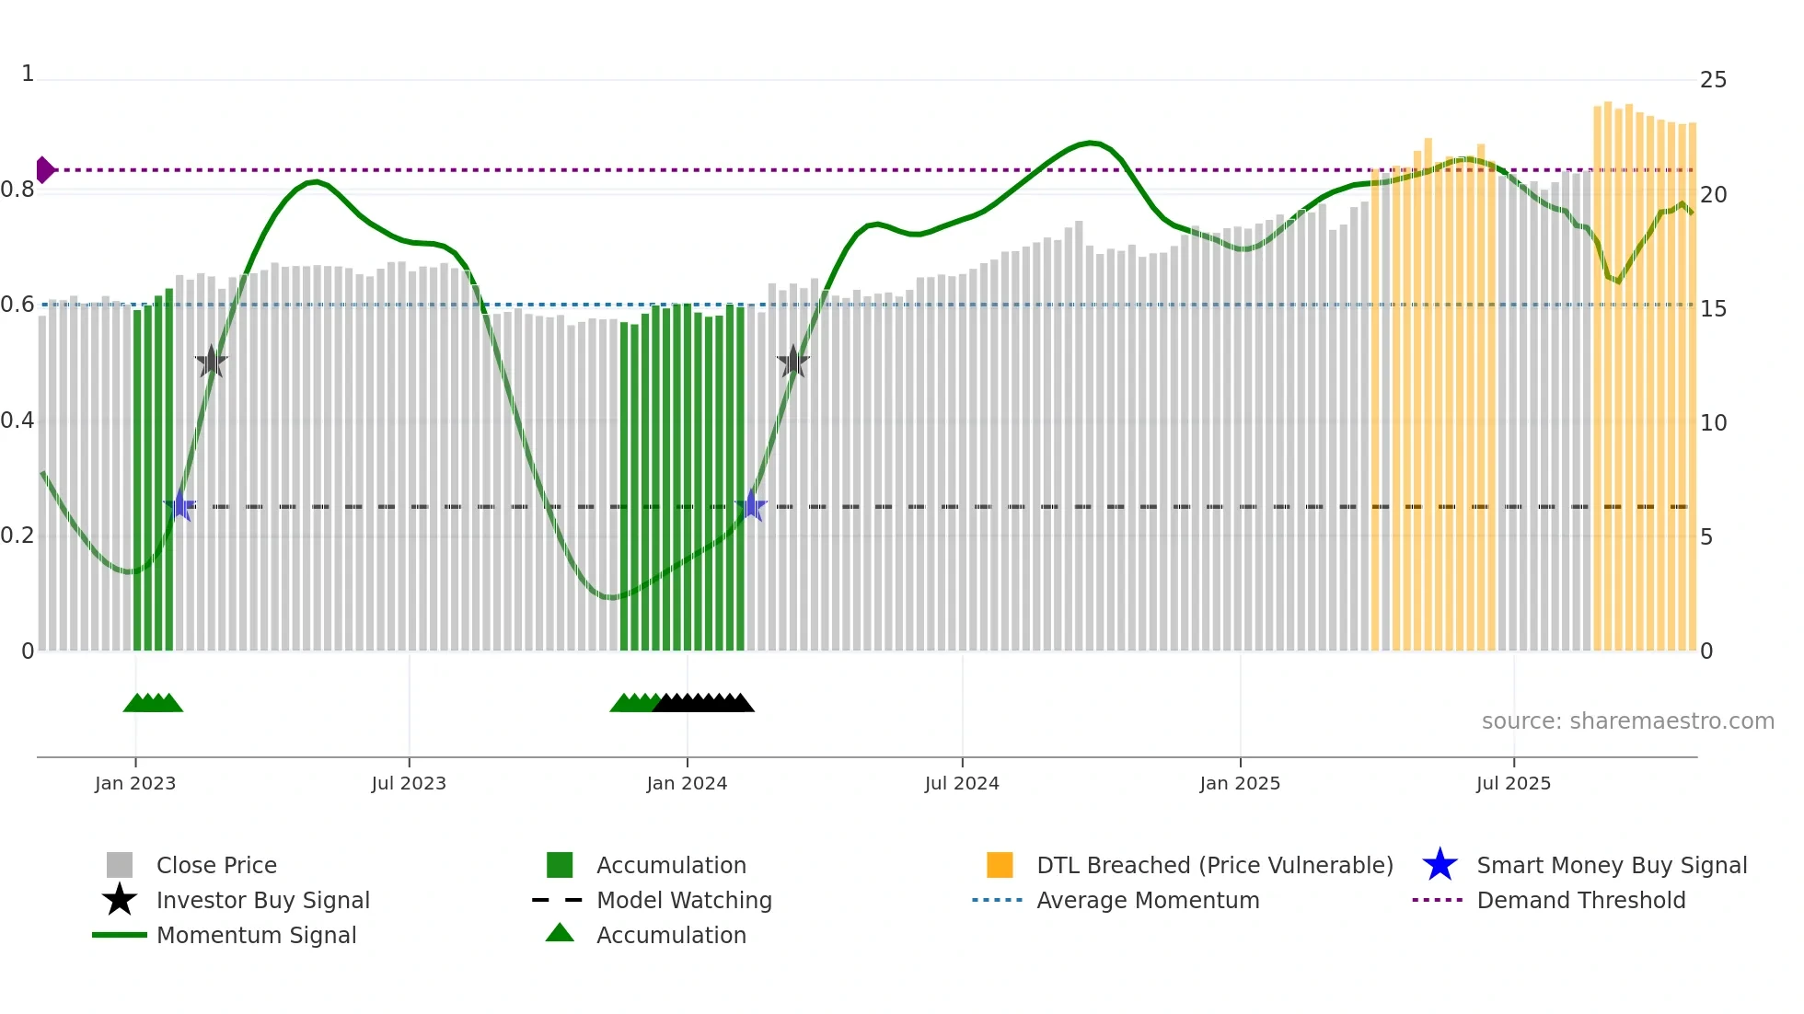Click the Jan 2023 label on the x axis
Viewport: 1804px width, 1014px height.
(x=135, y=783)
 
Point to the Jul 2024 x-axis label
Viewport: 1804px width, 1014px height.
(x=962, y=783)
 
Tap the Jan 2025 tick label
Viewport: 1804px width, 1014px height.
(x=1240, y=783)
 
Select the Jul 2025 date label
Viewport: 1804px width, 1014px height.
(x=1513, y=783)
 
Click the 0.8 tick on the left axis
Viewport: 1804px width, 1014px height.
(x=17, y=190)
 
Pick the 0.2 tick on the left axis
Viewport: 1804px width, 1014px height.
(x=17, y=536)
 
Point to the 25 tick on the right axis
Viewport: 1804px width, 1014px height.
(x=1713, y=80)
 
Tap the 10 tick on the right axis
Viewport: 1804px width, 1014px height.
(x=1713, y=423)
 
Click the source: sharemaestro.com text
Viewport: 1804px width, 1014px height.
(x=1627, y=721)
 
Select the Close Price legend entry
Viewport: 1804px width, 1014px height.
(x=216, y=865)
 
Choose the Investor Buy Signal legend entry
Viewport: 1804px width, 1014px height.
(x=262, y=900)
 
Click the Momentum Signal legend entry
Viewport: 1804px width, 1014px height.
(x=256, y=935)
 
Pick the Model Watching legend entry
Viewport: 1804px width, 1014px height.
(x=684, y=900)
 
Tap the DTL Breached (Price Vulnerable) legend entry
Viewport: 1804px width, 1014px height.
(x=1214, y=865)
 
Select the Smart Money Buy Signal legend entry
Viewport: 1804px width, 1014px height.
(x=1611, y=865)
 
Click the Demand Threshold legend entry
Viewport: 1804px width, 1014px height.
(x=1580, y=900)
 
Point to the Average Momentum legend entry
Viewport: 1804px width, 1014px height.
(x=1147, y=900)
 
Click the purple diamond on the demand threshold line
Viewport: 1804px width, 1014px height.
(x=44, y=170)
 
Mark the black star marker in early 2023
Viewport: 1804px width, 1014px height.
(x=211, y=362)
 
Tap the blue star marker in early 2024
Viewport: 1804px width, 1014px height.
(x=751, y=506)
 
